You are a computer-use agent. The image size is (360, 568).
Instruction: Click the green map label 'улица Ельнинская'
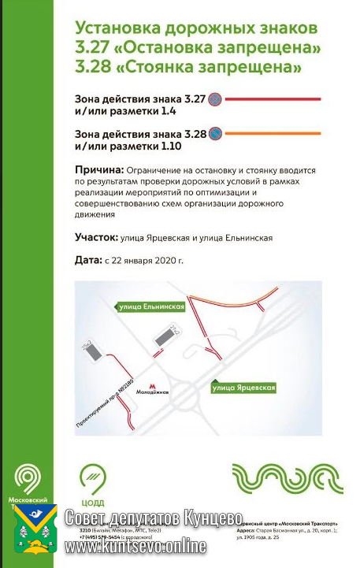coord(151,306)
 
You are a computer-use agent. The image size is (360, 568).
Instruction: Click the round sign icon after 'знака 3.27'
coord(213,100)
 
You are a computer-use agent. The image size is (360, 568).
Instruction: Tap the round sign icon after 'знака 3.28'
coord(214,134)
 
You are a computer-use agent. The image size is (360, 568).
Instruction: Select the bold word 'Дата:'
coord(88,260)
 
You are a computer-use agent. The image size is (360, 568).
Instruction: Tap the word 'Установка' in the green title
coord(117,29)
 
